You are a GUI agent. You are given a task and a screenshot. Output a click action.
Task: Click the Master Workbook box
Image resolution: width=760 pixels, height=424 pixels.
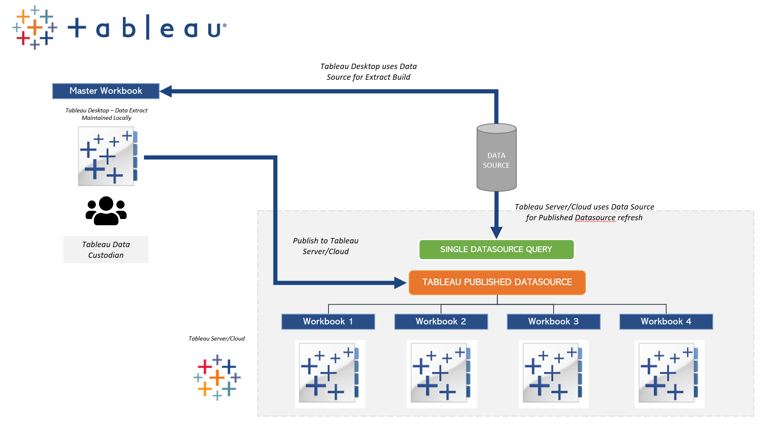(x=105, y=91)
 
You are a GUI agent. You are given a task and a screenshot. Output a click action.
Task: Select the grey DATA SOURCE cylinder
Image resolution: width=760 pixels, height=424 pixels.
(x=496, y=159)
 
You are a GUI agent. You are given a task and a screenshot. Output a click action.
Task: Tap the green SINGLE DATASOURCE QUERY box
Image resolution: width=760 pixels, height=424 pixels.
(x=496, y=250)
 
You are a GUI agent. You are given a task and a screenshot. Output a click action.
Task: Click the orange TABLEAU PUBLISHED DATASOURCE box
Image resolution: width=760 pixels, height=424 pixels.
(x=497, y=282)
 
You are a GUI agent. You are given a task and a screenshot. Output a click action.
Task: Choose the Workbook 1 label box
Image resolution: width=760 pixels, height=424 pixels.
(x=328, y=322)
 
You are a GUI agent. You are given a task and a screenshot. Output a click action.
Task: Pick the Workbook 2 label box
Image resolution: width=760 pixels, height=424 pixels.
(x=441, y=322)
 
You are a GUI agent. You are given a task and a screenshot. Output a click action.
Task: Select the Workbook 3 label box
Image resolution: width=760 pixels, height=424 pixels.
(x=553, y=322)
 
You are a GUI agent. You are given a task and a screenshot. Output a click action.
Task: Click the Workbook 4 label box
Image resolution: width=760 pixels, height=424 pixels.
(x=666, y=322)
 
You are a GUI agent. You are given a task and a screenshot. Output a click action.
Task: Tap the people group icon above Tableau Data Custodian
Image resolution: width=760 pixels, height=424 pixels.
(x=106, y=211)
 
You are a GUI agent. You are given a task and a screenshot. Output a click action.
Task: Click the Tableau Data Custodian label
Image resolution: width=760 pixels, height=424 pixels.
(x=106, y=250)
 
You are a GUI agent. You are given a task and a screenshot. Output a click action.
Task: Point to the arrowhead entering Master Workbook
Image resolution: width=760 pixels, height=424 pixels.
(x=166, y=91)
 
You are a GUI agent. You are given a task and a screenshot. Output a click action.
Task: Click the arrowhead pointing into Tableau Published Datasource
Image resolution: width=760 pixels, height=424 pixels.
(x=400, y=283)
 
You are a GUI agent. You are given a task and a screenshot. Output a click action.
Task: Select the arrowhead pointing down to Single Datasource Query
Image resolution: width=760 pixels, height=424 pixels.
(x=496, y=232)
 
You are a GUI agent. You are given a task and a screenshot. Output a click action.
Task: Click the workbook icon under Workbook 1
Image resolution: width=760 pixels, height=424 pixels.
(x=329, y=374)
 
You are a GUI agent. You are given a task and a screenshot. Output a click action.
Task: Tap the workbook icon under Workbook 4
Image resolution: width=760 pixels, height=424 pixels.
(x=669, y=374)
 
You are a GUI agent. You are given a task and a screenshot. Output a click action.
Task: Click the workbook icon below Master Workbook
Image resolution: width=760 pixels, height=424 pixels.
(x=108, y=156)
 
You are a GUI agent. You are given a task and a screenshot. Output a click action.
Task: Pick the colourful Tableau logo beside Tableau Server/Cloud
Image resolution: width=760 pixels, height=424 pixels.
(x=217, y=377)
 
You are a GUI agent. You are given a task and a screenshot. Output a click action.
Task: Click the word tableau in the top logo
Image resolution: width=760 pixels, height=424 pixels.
(x=147, y=28)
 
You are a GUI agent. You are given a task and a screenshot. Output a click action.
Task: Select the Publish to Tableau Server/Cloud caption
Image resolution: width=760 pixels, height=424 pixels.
(x=326, y=246)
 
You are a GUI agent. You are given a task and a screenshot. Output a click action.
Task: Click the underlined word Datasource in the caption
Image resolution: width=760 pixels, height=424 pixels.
(x=595, y=218)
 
